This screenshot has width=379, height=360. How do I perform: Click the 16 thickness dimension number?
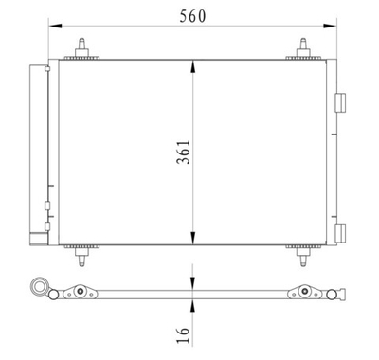(x=183, y=333)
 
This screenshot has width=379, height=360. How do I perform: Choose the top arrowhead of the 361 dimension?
(x=193, y=63)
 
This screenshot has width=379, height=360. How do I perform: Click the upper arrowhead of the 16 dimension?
(x=193, y=282)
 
